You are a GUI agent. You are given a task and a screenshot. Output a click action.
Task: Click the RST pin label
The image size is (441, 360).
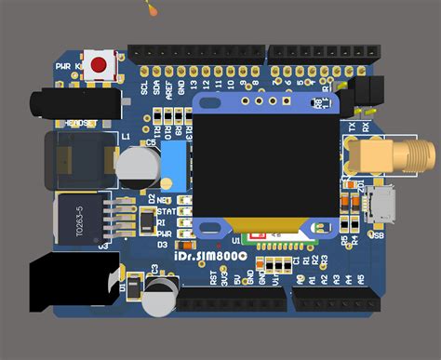[x=212, y=277]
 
